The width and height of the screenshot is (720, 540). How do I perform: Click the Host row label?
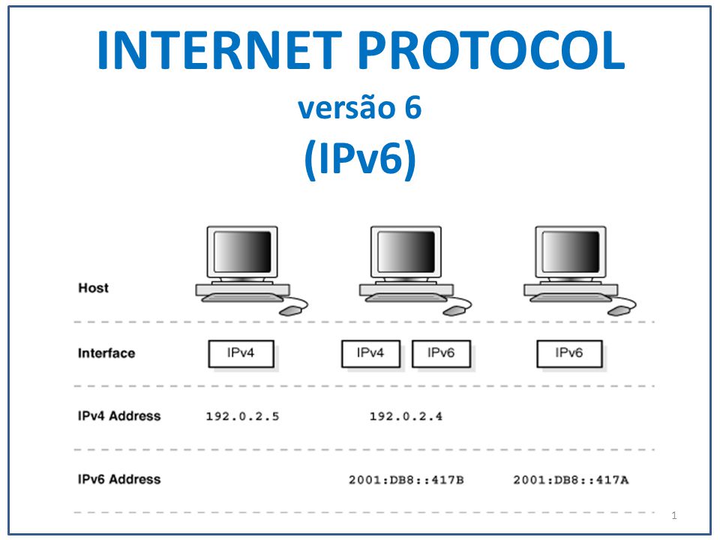pyautogui.click(x=93, y=288)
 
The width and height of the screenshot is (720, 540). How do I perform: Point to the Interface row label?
pyautogui.click(x=106, y=353)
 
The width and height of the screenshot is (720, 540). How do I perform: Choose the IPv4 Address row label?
pyautogui.click(x=119, y=415)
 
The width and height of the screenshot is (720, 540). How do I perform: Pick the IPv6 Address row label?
pyautogui.click(x=119, y=478)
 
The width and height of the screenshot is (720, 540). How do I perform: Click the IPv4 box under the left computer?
pyautogui.click(x=241, y=354)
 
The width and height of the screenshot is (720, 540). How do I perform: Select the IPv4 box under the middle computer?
pyautogui.click(x=370, y=354)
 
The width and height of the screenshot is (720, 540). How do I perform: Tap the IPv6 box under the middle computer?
pyautogui.click(x=441, y=354)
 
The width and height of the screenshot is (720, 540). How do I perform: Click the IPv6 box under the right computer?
pyautogui.click(x=569, y=354)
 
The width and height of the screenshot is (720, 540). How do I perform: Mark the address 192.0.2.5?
pyautogui.click(x=242, y=416)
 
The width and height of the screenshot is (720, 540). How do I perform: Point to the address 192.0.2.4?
pyautogui.click(x=406, y=416)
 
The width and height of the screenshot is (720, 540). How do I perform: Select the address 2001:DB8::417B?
pyautogui.click(x=406, y=479)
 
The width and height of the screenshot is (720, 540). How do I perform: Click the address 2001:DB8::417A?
pyautogui.click(x=570, y=479)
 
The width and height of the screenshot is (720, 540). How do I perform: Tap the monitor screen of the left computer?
pyautogui.click(x=241, y=252)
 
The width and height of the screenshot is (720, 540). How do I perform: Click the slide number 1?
pyautogui.click(x=675, y=515)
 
